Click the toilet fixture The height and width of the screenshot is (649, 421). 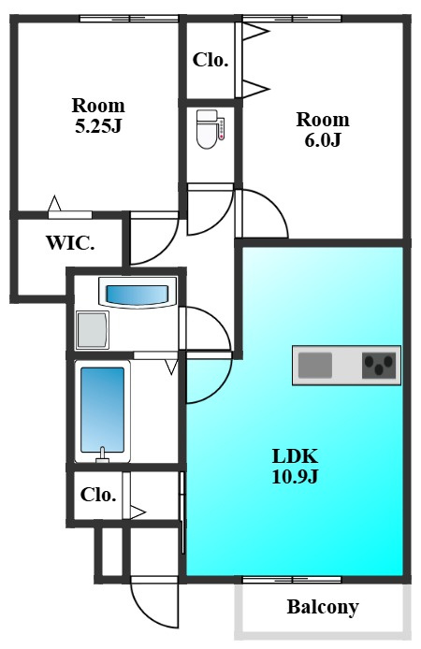pyautogui.click(x=208, y=129)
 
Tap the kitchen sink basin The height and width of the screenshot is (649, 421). pyautogui.click(x=315, y=365)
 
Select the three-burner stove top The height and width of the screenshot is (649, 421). pyautogui.click(x=379, y=365)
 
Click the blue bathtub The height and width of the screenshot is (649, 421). pyautogui.click(x=102, y=410)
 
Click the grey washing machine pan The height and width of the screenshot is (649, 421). pyautogui.click(x=93, y=330)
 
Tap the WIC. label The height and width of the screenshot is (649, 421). pyautogui.click(x=70, y=243)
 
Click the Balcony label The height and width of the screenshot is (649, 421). pyautogui.click(x=323, y=608)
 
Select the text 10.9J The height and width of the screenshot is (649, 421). pyautogui.click(x=295, y=476)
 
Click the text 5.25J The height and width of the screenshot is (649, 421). pyautogui.click(x=98, y=126)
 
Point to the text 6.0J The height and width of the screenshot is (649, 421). pyautogui.click(x=323, y=140)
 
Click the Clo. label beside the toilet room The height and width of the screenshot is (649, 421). pyautogui.click(x=210, y=60)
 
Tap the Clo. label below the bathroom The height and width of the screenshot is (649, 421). pyautogui.click(x=98, y=495)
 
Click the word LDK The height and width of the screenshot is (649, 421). pyautogui.click(x=295, y=456)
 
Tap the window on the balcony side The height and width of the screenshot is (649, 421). pyautogui.click(x=292, y=579)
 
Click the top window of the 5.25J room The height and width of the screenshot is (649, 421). pyautogui.click(x=129, y=18)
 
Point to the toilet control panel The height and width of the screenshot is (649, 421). pyautogui.click(x=222, y=128)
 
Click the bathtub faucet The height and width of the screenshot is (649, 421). pyautogui.click(x=102, y=455)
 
